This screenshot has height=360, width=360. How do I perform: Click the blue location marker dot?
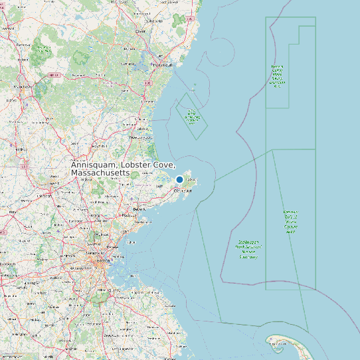[179, 179]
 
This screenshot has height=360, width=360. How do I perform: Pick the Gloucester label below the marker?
[183, 191]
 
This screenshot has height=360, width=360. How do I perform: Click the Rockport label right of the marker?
[191, 179]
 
